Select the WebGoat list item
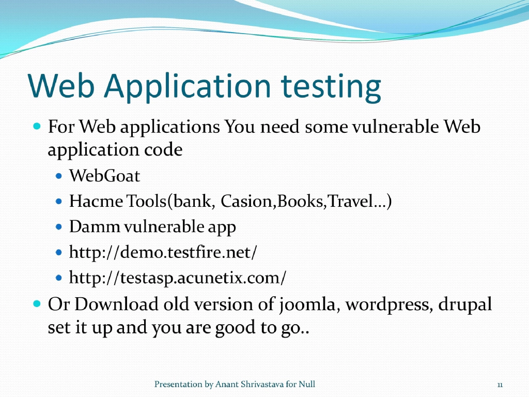click(104, 176)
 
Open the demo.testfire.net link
click(163, 253)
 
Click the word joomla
click(308, 304)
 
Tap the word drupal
click(465, 304)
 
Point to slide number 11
click(500, 385)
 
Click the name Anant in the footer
click(227, 384)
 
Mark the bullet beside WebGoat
click(58, 176)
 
